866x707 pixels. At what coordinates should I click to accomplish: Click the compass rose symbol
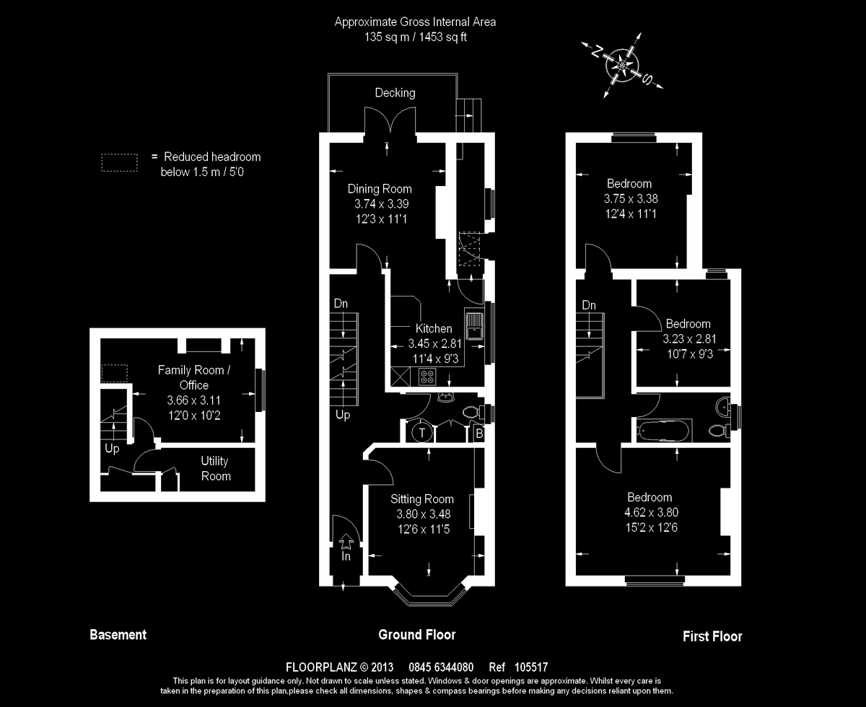(621, 64)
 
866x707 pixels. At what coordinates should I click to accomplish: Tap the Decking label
(395, 92)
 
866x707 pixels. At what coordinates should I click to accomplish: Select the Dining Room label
(380, 189)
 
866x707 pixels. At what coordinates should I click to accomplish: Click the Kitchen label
(434, 328)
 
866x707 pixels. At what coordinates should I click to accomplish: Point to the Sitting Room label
(422, 499)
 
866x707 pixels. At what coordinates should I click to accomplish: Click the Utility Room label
(216, 468)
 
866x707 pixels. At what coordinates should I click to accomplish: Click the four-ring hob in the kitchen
(428, 376)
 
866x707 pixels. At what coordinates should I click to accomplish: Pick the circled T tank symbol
(421, 433)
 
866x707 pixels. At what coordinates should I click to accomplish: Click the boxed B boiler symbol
(478, 434)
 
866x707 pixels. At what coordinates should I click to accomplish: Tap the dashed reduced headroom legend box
(119, 162)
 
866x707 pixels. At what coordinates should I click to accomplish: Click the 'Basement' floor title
(118, 635)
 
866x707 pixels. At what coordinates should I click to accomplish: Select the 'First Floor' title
(712, 636)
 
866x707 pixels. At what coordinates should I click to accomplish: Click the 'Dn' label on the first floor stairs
(589, 305)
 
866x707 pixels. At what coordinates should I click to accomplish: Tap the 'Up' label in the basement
(112, 449)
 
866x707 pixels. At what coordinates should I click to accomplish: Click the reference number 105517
(533, 667)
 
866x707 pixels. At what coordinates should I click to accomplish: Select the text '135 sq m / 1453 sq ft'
(415, 37)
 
